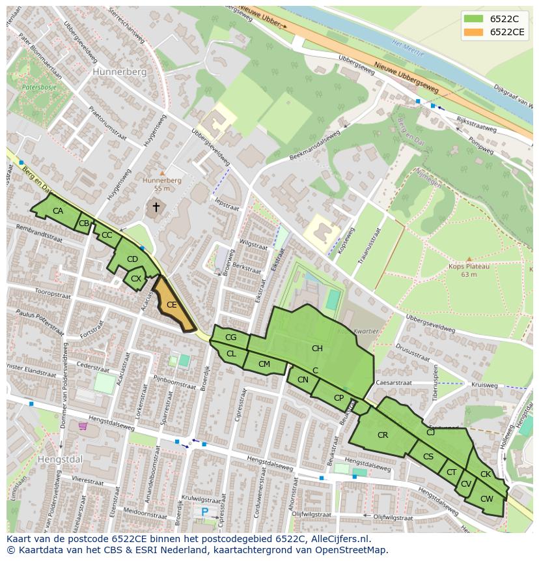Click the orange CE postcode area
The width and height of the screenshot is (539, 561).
pyautogui.click(x=172, y=304)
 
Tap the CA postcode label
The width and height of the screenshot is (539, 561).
pyautogui.click(x=58, y=211)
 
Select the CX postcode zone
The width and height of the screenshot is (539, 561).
pyautogui.click(x=135, y=279)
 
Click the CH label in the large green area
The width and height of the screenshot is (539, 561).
pyautogui.click(x=317, y=349)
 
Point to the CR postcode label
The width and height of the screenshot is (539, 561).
pyautogui.click(x=383, y=435)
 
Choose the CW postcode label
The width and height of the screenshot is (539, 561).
pyautogui.click(x=486, y=499)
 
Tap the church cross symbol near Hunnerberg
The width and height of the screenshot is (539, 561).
pyautogui.click(x=156, y=207)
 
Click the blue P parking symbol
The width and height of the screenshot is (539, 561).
pyautogui.click(x=205, y=512)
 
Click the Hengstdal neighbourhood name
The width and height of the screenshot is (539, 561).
pyautogui.click(x=60, y=459)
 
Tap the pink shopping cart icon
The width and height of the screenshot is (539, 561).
pyautogui.click(x=83, y=426)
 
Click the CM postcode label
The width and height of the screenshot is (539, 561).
pyautogui.click(x=264, y=364)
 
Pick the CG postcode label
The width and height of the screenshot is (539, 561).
pyautogui.click(x=230, y=338)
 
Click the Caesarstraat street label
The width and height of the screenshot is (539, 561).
pyautogui.click(x=394, y=384)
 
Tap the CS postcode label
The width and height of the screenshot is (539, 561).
pyautogui.click(x=428, y=457)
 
